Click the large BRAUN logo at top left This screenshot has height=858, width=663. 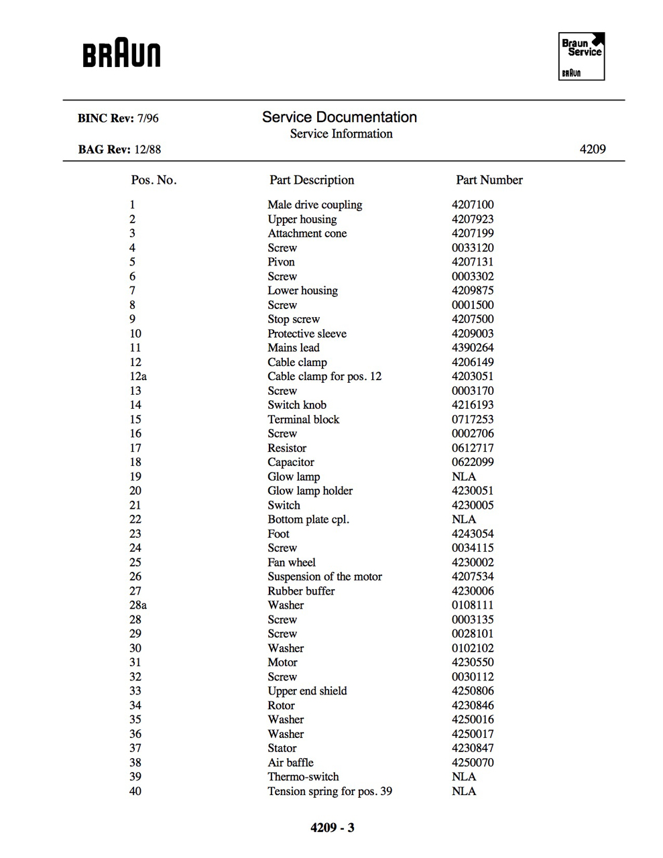click(121, 54)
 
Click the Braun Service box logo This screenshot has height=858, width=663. click(581, 57)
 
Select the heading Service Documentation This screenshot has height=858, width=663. click(339, 117)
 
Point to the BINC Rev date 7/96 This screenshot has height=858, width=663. click(147, 119)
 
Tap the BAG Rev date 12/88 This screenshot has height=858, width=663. click(147, 149)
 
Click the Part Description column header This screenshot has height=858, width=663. click(312, 180)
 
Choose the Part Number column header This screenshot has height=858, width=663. click(489, 180)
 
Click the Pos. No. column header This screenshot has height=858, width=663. click(154, 180)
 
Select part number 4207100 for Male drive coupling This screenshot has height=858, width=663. click(473, 204)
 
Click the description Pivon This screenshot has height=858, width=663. click(281, 262)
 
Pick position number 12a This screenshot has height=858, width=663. click(138, 376)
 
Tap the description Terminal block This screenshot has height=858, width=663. click(303, 419)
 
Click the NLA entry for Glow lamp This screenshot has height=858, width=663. click(464, 477)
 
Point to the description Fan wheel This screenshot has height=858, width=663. click(292, 562)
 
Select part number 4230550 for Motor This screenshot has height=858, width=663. click(473, 662)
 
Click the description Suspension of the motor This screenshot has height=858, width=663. click(324, 576)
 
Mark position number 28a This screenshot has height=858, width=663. click(138, 605)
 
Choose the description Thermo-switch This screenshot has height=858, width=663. click(303, 777)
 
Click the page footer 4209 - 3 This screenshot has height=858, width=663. click(333, 828)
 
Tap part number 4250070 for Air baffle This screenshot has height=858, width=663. click(473, 762)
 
